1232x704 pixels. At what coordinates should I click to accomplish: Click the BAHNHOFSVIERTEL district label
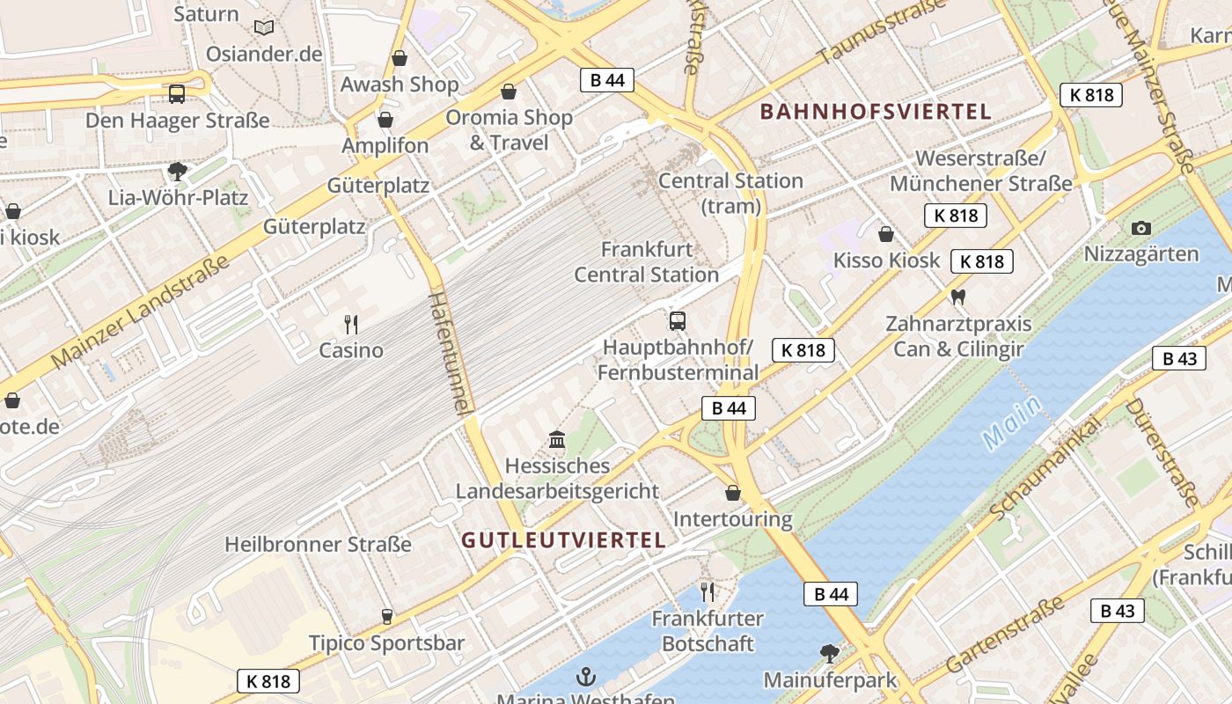pos(876,112)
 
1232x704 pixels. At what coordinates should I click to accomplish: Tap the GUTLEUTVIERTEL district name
pos(563,540)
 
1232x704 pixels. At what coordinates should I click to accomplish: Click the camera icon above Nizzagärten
pos(1141,228)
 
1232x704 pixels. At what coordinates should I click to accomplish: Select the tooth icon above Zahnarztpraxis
pos(958,297)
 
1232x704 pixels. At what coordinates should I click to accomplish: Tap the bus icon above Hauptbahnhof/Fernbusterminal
pos(677,321)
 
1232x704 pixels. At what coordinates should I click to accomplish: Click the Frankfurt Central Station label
pos(647,262)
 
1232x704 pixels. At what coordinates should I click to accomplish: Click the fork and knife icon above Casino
pos(351,325)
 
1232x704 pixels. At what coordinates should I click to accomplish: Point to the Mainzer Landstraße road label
pos(141,312)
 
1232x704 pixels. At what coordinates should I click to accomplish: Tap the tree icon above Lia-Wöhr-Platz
pos(178,171)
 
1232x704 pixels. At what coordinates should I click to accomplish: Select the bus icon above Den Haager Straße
pos(177,94)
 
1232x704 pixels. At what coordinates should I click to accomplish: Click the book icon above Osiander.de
pos(264,27)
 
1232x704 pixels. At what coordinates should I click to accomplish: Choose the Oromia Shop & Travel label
pos(509,129)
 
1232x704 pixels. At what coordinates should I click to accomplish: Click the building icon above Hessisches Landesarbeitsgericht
pos(557,438)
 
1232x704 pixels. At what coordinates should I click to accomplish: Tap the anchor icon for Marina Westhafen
pos(585,677)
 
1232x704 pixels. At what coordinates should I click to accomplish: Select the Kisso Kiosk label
pos(886,260)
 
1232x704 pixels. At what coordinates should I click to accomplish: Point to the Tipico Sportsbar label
pos(386,643)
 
